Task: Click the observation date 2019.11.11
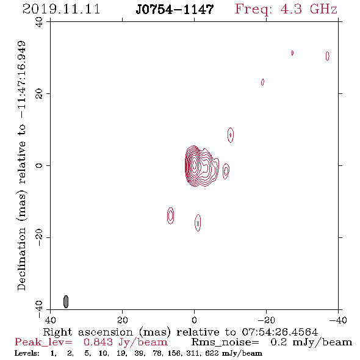pyautogui.click(x=61, y=9)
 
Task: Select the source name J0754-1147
pyautogui.click(x=175, y=9)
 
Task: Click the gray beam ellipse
pyautogui.click(x=66, y=301)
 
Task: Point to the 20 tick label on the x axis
pyautogui.click(x=122, y=320)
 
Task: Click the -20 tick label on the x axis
pyautogui.click(x=266, y=320)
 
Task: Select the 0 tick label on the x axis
pyautogui.click(x=194, y=320)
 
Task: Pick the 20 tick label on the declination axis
pyautogui.click(x=39, y=94)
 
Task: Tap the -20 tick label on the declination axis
pyautogui.click(x=39, y=237)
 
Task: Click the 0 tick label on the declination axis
pyautogui.click(x=39, y=165)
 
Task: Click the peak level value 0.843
pyautogui.click(x=98, y=342)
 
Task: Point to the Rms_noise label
pyautogui.click(x=225, y=342)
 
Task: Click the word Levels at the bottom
pyautogui.click(x=27, y=353)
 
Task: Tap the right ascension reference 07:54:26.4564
pyautogui.click(x=279, y=332)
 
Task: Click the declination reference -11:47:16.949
pyautogui.click(x=22, y=80)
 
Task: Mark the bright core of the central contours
pyautogui.click(x=194, y=164)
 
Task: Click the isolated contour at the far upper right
pyautogui.click(x=328, y=56)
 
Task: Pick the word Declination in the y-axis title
pyautogui.click(x=22, y=259)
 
